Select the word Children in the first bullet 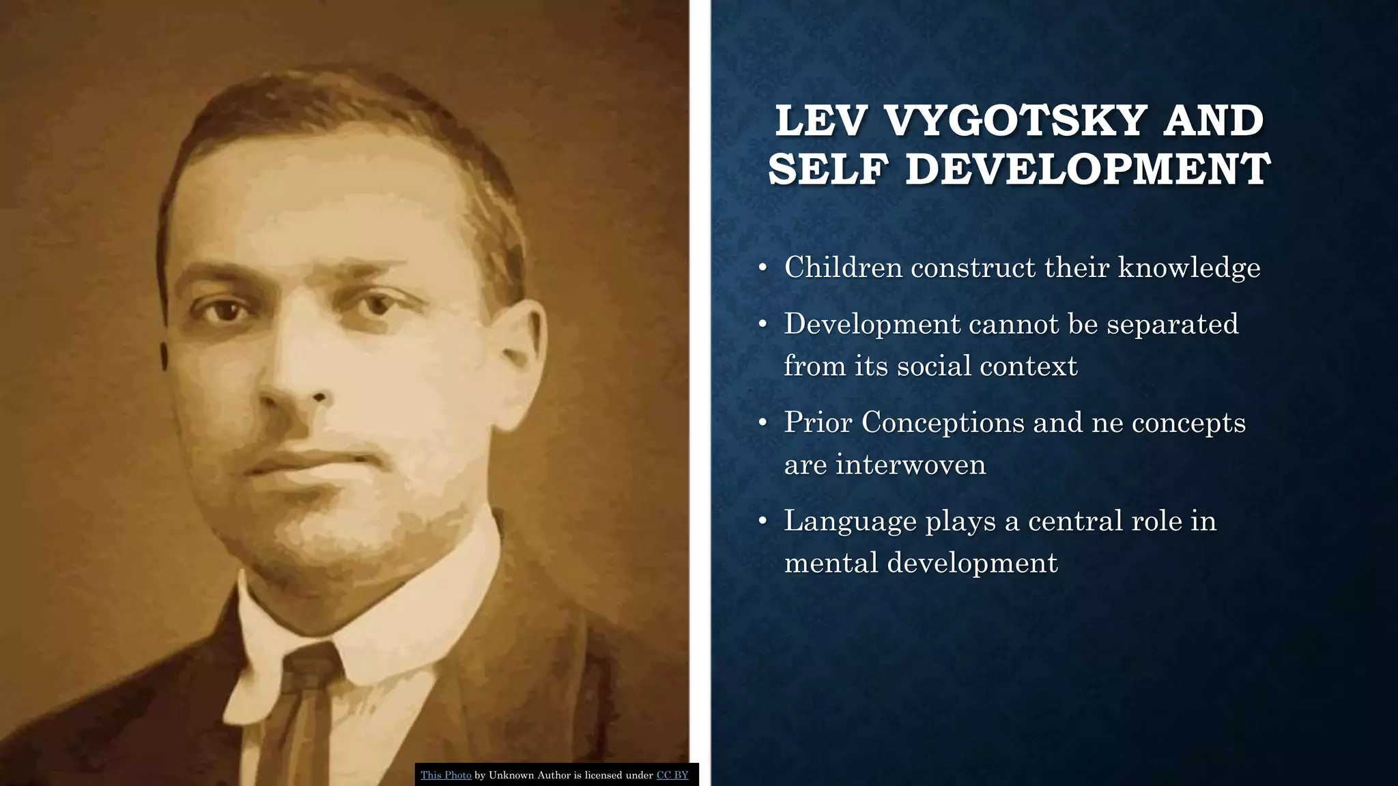(x=844, y=267)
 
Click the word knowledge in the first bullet (x=1189, y=267)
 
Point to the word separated (x=1172, y=323)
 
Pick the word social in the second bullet (x=934, y=366)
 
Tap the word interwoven (x=911, y=465)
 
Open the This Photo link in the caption (x=446, y=775)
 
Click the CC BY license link (x=672, y=775)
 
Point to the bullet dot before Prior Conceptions (x=763, y=423)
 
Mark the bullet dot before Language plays (x=763, y=522)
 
